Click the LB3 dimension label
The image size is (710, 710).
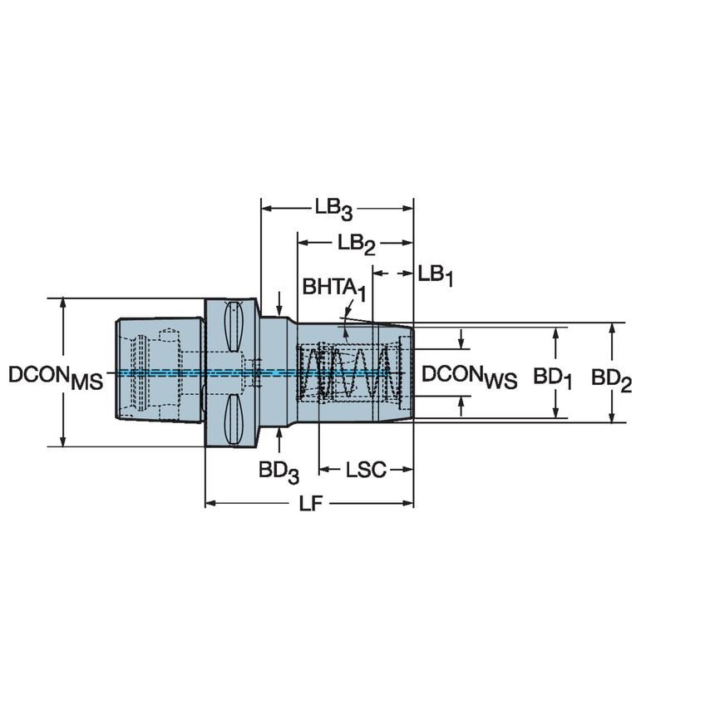tap(333, 208)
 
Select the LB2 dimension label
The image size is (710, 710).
tap(356, 244)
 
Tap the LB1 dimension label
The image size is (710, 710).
tap(435, 274)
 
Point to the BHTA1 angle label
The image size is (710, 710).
tap(333, 288)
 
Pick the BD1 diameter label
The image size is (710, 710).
tap(553, 378)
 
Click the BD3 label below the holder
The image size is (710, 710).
tap(278, 471)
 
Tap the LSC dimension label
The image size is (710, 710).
tap(366, 471)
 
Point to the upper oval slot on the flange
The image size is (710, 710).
tap(234, 327)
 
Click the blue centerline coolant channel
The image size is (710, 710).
tap(166, 372)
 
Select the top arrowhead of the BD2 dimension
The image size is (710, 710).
tap(612, 328)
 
